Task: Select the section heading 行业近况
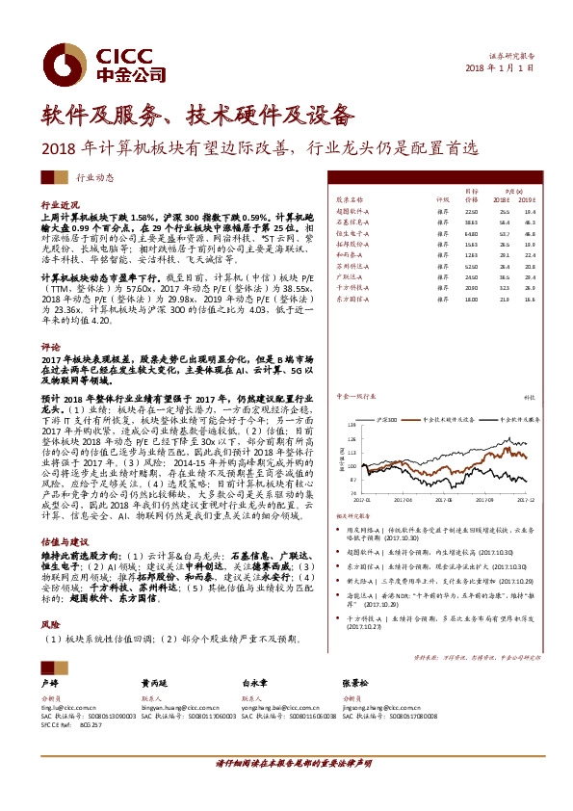(x=57, y=206)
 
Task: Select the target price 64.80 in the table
(x=471, y=232)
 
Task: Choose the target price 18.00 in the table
(x=471, y=300)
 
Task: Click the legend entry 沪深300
(x=387, y=393)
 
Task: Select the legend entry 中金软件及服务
(x=437, y=393)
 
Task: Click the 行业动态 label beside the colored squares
(x=94, y=178)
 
